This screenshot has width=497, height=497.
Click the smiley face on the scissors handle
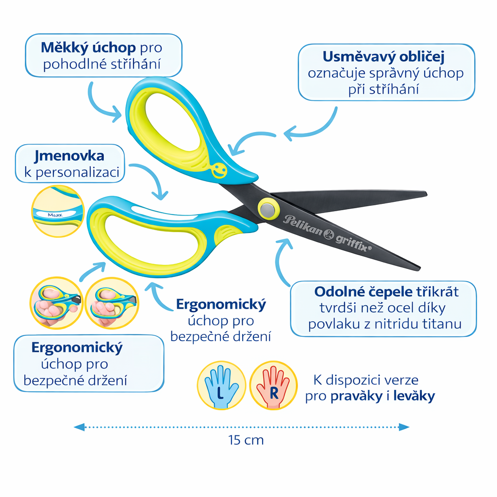(219, 170)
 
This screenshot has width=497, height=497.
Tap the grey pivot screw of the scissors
(266, 209)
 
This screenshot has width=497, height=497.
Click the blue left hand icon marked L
(221, 385)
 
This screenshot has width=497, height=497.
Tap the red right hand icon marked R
(273, 385)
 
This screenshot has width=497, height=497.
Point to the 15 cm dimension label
(246, 440)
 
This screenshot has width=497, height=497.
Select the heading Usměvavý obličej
(383, 57)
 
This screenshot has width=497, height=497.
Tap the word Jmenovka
(69, 156)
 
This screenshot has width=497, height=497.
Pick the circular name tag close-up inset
(58, 211)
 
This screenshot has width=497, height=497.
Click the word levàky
(414, 396)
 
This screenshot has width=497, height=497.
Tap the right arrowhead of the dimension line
(404, 427)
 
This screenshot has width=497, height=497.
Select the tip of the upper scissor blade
(425, 195)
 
